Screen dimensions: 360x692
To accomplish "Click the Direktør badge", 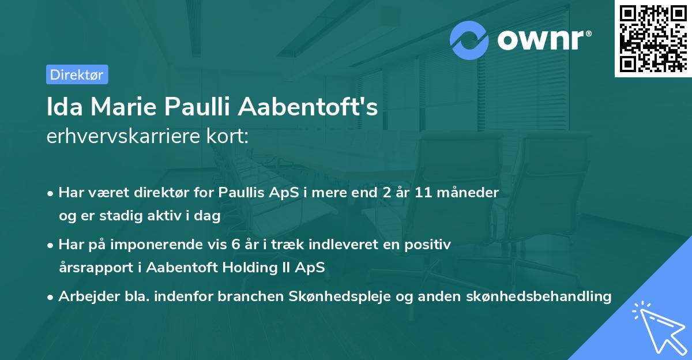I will click(77, 74).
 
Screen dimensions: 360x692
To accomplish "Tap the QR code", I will click(653, 38).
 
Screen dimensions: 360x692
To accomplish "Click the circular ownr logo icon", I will click(469, 40).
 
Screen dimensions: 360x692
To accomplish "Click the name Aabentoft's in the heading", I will click(308, 107).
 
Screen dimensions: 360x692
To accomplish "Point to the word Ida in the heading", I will click(62, 107).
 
